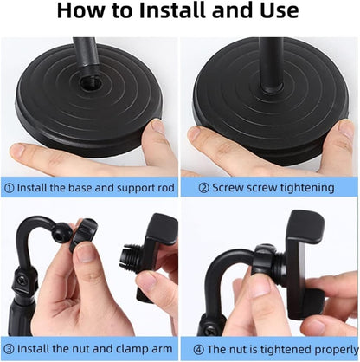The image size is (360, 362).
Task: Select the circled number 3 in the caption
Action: click(x=10, y=347)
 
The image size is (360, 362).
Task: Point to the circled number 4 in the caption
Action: click(x=190, y=347)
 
